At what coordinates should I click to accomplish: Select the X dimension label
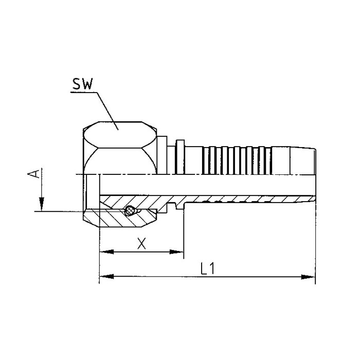click(143, 243)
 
